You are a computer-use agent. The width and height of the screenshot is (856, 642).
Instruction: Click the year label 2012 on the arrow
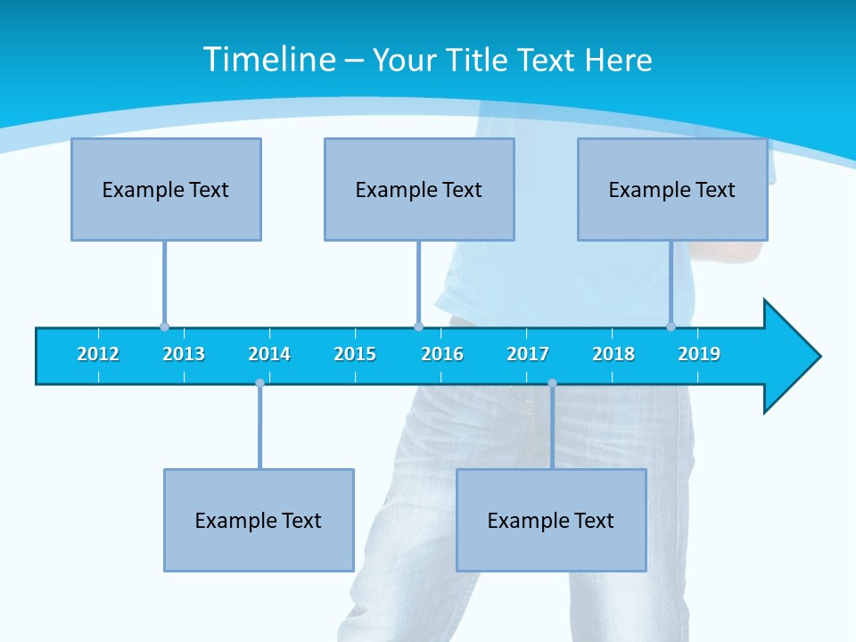click(98, 354)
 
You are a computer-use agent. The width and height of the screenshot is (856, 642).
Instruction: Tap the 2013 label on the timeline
click(184, 354)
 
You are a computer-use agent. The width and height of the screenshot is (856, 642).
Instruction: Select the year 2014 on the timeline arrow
click(269, 354)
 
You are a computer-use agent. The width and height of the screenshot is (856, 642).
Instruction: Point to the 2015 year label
click(355, 354)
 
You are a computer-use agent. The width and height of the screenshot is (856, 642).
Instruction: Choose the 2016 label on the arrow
click(442, 354)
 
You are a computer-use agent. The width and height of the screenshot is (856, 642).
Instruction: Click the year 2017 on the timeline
click(528, 354)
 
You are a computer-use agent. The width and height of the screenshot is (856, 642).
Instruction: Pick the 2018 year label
click(613, 354)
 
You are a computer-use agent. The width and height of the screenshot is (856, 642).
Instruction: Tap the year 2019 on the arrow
click(699, 354)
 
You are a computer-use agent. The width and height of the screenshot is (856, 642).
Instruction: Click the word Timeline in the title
click(267, 60)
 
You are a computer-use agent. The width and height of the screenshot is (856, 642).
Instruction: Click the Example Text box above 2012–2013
click(166, 189)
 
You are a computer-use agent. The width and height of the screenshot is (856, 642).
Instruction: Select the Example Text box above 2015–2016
click(419, 189)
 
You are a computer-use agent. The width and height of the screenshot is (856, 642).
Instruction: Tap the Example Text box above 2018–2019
click(672, 189)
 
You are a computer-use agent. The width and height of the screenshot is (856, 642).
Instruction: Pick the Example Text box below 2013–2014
click(259, 520)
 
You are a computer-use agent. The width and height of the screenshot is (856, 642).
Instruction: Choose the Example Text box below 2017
click(551, 520)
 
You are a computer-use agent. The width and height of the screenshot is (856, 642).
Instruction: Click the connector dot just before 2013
click(164, 326)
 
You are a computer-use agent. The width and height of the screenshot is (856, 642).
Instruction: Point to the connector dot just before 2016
click(418, 326)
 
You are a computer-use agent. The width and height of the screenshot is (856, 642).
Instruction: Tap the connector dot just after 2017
click(552, 383)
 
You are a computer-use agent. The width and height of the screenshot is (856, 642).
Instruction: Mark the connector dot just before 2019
click(671, 326)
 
